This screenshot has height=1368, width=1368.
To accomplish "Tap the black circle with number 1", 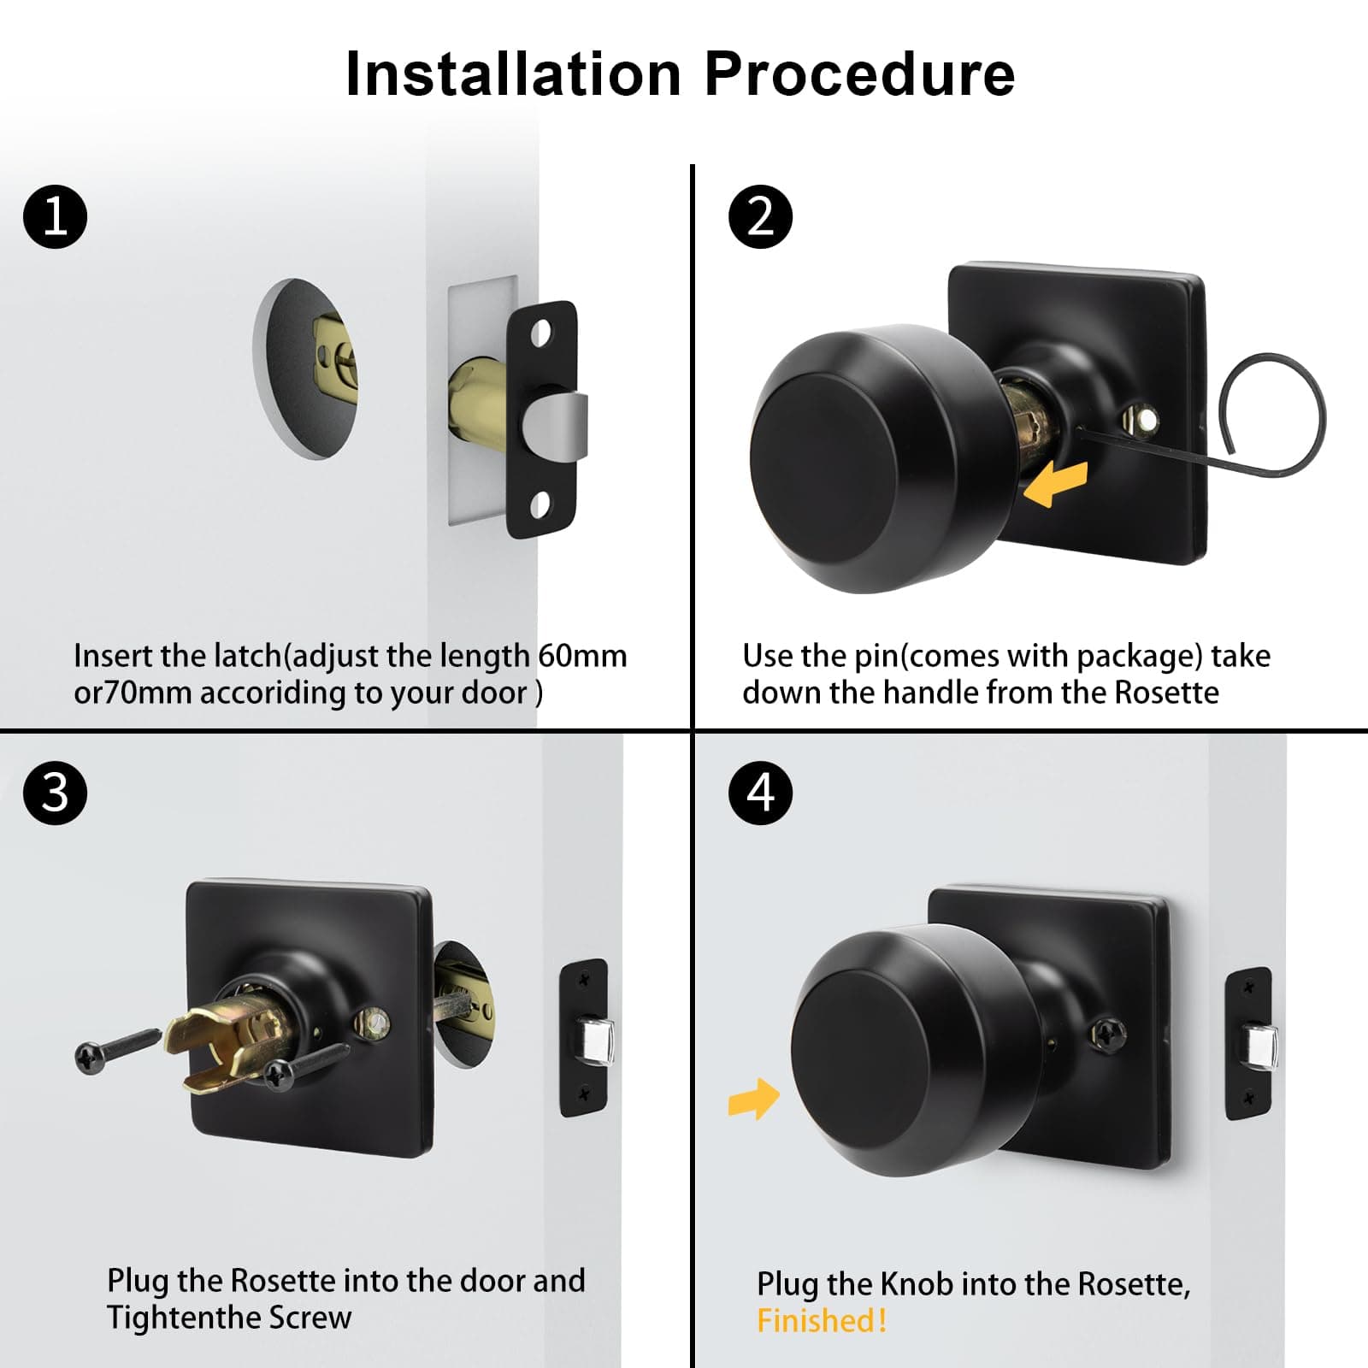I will point(56,216).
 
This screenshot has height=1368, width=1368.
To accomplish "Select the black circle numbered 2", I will point(760,216).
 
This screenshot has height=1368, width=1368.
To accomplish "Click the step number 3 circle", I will point(56,793).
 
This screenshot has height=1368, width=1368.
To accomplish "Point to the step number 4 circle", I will point(760,793).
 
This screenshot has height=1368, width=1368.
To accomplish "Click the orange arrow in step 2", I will point(1055,485).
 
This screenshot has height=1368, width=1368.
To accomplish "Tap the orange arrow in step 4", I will point(754,1100).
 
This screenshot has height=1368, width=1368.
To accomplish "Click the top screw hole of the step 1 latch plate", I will point(541,333).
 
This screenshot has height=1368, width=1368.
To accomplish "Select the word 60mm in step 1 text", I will point(582,656).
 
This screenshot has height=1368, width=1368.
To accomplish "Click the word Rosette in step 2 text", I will point(1166,692).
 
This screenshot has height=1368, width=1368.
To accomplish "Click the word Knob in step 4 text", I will point(916,1284).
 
